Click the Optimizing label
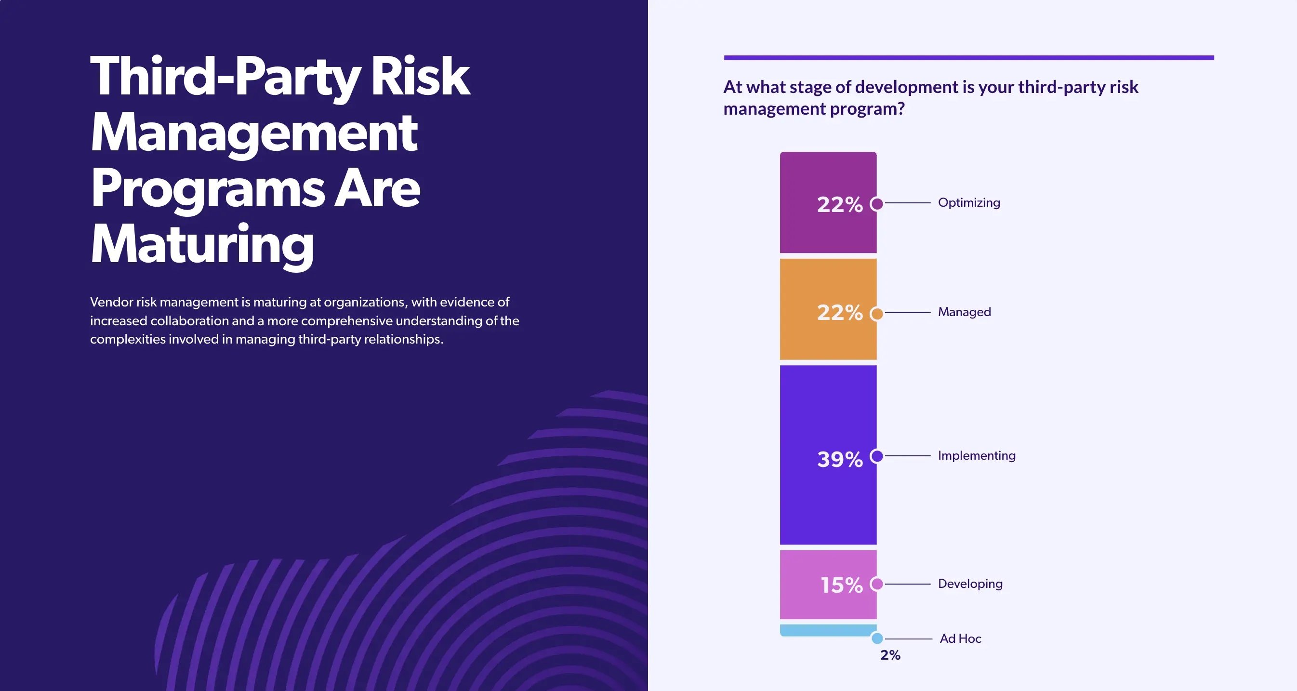[x=969, y=202]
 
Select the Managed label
[x=964, y=312]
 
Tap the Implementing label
[x=976, y=455]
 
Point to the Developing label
[x=970, y=584]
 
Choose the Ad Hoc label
[x=960, y=638]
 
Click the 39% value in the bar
[x=839, y=459]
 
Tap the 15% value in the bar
[x=841, y=585]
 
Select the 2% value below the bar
[x=890, y=655]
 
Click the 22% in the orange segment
[x=839, y=312]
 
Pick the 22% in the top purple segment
[x=839, y=204]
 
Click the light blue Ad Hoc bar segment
[x=826, y=631]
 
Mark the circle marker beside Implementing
[x=876, y=456]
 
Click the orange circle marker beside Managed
[x=876, y=313]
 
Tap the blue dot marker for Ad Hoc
[x=877, y=638]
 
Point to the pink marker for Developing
[x=876, y=584]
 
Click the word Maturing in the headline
[x=202, y=245]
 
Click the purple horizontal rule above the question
[x=969, y=58]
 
